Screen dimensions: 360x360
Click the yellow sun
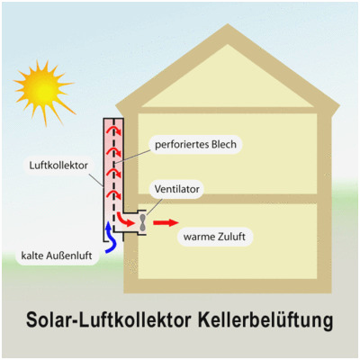43,89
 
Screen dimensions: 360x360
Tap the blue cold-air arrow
110,239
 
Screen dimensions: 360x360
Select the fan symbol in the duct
143,223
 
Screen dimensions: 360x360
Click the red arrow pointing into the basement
166,223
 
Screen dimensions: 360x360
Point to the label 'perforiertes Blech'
195,144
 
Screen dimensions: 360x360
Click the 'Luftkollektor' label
58,166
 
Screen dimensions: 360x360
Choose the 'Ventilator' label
177,189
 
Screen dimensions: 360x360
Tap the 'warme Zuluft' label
214,237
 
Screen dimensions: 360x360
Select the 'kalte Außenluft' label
57,256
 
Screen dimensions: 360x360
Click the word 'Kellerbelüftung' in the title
265,320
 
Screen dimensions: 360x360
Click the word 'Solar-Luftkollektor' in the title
109,319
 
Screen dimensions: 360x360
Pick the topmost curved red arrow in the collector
114,130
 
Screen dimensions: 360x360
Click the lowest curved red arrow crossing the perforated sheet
114,195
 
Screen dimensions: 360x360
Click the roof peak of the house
228,25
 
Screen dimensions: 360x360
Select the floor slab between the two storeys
227,199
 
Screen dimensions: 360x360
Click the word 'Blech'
224,144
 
